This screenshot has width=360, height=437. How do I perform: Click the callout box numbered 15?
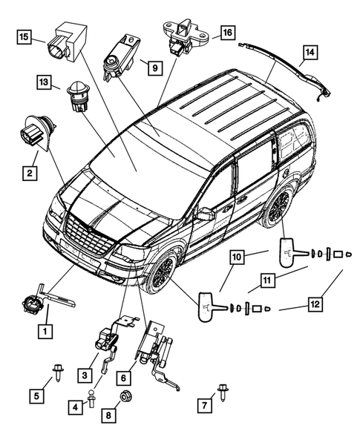(24, 36)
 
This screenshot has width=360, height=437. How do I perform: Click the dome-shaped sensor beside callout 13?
(76, 93)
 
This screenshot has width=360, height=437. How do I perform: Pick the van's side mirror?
(205, 214)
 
